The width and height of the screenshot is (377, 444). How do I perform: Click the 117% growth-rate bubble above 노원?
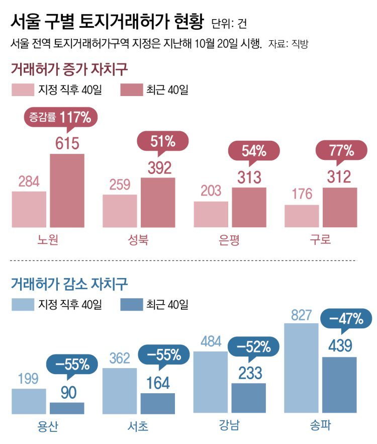[61, 118]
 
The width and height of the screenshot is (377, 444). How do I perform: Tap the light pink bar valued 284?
[29, 209]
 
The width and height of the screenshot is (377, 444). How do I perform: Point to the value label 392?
[158, 167]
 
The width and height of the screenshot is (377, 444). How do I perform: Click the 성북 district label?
[139, 240]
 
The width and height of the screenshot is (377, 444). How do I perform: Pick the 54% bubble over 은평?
[254, 151]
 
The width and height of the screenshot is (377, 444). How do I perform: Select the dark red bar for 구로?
[339, 207]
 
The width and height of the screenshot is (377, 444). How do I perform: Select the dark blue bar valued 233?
[248, 398]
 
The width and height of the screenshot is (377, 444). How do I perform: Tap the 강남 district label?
[230, 426]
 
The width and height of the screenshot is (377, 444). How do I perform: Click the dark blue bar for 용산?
[67, 408]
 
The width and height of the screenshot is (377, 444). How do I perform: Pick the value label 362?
[119, 359]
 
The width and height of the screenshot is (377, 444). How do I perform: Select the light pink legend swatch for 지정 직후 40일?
[23, 90]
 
